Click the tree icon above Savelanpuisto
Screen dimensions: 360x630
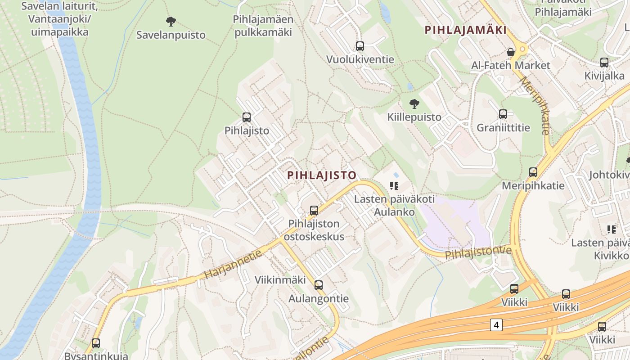click(171, 21)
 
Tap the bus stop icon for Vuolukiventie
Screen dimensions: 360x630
click(360, 46)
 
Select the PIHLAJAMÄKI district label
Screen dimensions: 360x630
click(466, 30)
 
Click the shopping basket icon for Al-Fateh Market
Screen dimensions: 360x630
click(510, 52)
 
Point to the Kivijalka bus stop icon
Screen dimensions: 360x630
click(604, 63)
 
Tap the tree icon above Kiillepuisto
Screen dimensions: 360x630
click(414, 104)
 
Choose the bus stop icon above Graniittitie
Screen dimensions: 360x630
click(503, 114)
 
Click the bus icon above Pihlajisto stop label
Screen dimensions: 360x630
click(246, 117)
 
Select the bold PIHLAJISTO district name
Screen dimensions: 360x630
click(322, 175)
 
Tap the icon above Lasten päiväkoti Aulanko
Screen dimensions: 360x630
click(394, 185)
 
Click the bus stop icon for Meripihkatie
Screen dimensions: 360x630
click(533, 172)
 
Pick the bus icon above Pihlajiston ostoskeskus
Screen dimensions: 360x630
click(314, 210)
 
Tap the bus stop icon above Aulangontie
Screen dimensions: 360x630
click(318, 285)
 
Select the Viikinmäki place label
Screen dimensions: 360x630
click(280, 279)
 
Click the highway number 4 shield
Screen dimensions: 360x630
click(496, 324)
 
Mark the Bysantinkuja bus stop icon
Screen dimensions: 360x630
click(95, 343)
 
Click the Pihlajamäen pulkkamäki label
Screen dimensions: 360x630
click(263, 26)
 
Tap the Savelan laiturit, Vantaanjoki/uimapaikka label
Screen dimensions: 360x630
click(59, 19)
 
